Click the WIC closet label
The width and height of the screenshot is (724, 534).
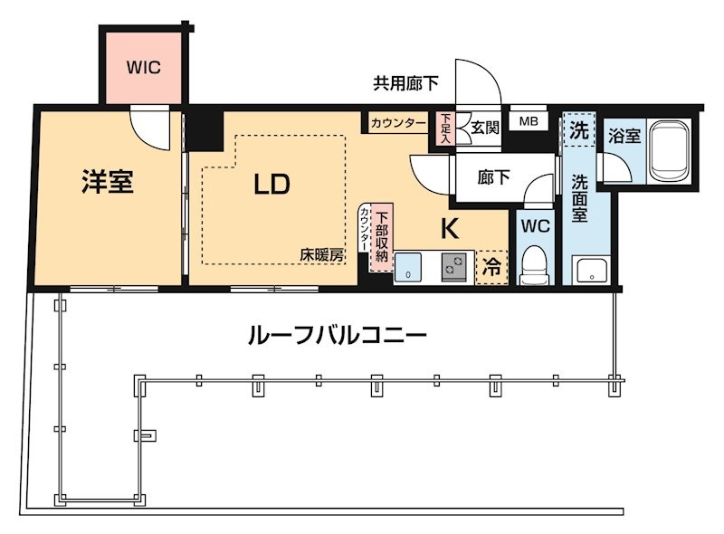[143, 66]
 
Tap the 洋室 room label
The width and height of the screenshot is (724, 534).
[108, 183]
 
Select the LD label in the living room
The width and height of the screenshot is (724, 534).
[271, 185]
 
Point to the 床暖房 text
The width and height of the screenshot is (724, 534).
[322, 255]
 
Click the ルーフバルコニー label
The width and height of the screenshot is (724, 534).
[337, 337]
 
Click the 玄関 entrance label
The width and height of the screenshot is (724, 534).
[484, 128]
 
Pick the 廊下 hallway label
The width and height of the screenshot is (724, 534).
[493, 178]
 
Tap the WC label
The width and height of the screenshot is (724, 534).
[534, 226]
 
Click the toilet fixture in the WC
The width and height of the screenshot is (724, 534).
[535, 266]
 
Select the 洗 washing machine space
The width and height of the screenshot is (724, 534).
[576, 129]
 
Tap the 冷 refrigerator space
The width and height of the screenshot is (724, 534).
[491, 268]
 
